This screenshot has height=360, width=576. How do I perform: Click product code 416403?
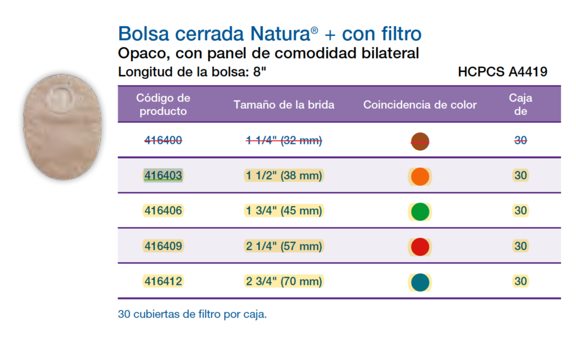pyautogui.click(x=163, y=176)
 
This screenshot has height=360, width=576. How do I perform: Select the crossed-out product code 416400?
pyautogui.click(x=163, y=140)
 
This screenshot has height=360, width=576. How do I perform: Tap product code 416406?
pyautogui.click(x=163, y=211)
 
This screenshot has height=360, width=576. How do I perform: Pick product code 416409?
pyautogui.click(x=163, y=246)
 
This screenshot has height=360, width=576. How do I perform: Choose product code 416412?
pyautogui.click(x=163, y=281)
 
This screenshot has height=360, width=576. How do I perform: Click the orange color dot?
pyautogui.click(x=420, y=177)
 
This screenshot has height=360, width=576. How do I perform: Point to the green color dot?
pyautogui.click(x=420, y=212)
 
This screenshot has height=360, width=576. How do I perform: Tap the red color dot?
pyautogui.click(x=420, y=247)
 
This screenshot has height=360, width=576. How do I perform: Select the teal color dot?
pyautogui.click(x=420, y=282)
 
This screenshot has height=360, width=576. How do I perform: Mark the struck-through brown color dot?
pyautogui.click(x=420, y=141)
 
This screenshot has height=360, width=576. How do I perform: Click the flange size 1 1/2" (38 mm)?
pyautogui.click(x=284, y=176)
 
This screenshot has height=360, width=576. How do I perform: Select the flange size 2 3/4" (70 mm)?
pyautogui.click(x=284, y=281)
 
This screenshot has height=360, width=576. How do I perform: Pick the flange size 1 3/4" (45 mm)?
pyautogui.click(x=284, y=211)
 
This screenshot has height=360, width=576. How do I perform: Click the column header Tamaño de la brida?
pyautogui.click(x=284, y=104)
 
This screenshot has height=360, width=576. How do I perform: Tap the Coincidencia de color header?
pyautogui.click(x=420, y=104)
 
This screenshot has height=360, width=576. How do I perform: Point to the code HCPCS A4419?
pyautogui.click(x=502, y=72)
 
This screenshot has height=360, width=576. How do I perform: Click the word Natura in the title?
pyautogui.click(x=280, y=34)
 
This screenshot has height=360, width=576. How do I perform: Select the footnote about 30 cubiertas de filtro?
pyautogui.click(x=192, y=315)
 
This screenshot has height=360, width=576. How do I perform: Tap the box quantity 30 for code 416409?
pyautogui.click(x=520, y=246)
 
